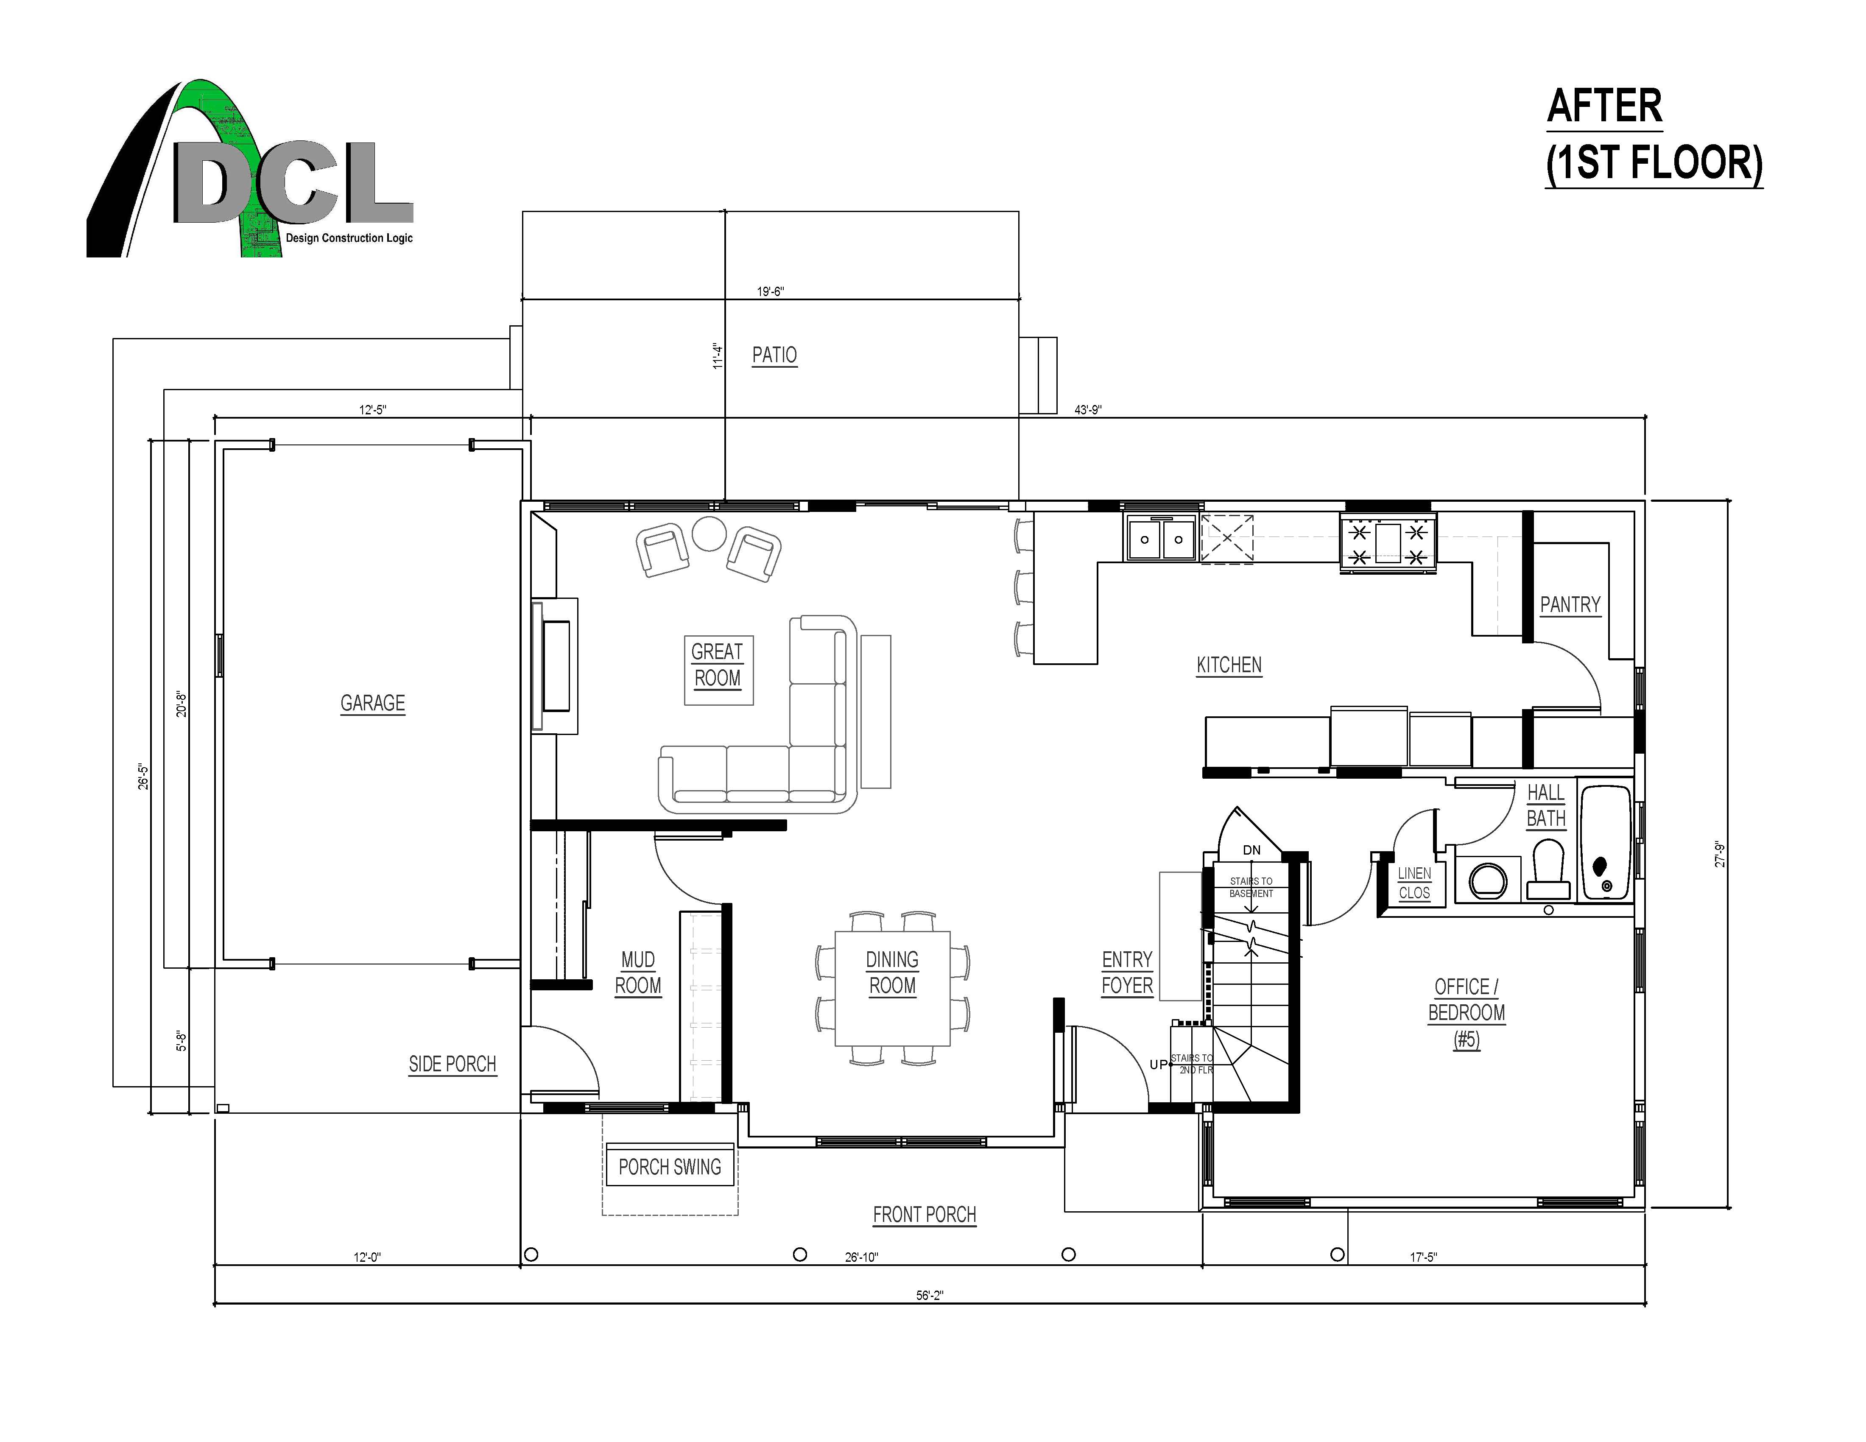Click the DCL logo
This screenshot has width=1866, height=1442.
(249, 169)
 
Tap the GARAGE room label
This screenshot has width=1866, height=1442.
(372, 703)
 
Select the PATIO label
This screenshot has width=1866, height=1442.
(774, 355)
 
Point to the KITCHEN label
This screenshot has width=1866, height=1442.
(1229, 665)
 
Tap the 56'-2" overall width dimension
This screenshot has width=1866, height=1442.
(930, 1295)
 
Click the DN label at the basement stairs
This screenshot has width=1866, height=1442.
(1251, 850)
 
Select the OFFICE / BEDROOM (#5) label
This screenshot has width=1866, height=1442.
(1466, 1013)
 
